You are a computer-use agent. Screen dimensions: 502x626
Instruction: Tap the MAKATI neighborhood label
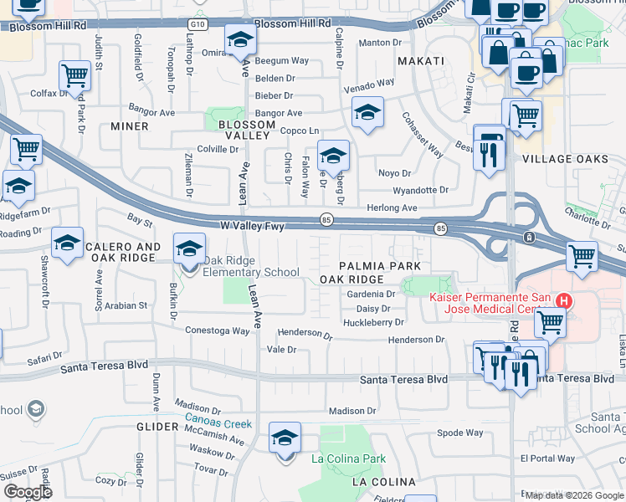pos(419,61)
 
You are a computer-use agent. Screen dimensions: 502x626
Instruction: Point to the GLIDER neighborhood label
pos(146,427)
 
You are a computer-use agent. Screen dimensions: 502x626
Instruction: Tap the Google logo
pos(27,492)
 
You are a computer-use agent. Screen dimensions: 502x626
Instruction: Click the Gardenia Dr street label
pos(371,295)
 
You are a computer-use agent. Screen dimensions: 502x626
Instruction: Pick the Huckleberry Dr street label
pos(373,321)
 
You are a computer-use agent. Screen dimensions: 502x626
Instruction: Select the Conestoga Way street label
pos(218,330)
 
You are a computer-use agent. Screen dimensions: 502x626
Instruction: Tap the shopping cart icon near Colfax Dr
pos(74,75)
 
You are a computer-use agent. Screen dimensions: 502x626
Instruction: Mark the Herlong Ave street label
pos(392,207)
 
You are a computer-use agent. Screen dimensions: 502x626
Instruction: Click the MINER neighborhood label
pos(129,126)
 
